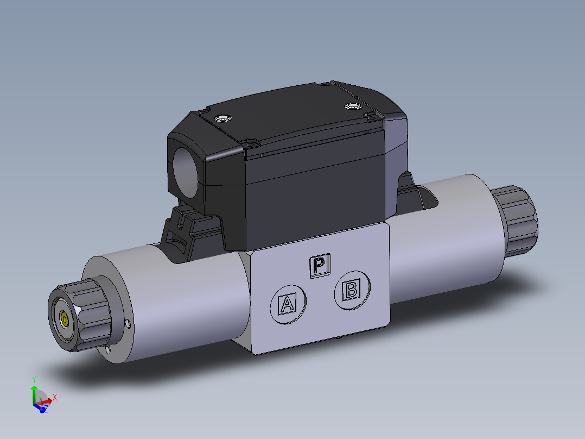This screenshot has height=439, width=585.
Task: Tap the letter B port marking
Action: click(x=352, y=291)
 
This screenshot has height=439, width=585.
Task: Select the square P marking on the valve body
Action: click(x=320, y=266)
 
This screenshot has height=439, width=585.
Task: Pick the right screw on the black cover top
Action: click(x=353, y=106)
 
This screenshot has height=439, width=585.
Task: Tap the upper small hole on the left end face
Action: click(x=128, y=324)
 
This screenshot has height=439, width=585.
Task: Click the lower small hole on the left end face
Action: click(x=109, y=350)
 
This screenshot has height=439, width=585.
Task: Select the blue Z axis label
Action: click(x=46, y=408)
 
